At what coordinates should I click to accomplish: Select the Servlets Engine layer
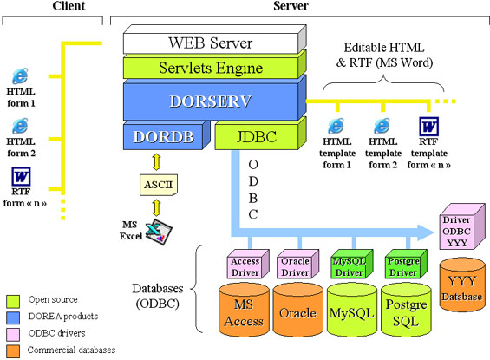215,65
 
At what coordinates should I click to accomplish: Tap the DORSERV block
215,98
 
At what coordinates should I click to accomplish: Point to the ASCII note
159,185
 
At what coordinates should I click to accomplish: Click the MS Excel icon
159,232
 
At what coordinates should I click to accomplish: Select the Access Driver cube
248,264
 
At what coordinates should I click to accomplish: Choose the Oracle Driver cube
297,264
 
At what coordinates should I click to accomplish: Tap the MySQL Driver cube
352,264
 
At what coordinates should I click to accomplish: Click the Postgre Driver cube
406,264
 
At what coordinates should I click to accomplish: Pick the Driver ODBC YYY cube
462,226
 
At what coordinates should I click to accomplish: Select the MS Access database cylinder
244,310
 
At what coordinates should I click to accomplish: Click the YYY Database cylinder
462,285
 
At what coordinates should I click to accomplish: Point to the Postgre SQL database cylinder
406,310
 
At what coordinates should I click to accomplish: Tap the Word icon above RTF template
428,127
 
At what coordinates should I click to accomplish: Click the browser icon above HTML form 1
20,76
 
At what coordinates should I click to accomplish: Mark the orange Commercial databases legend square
13,351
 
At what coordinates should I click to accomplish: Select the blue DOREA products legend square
13,317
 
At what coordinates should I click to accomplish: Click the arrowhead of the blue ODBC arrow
426,232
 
